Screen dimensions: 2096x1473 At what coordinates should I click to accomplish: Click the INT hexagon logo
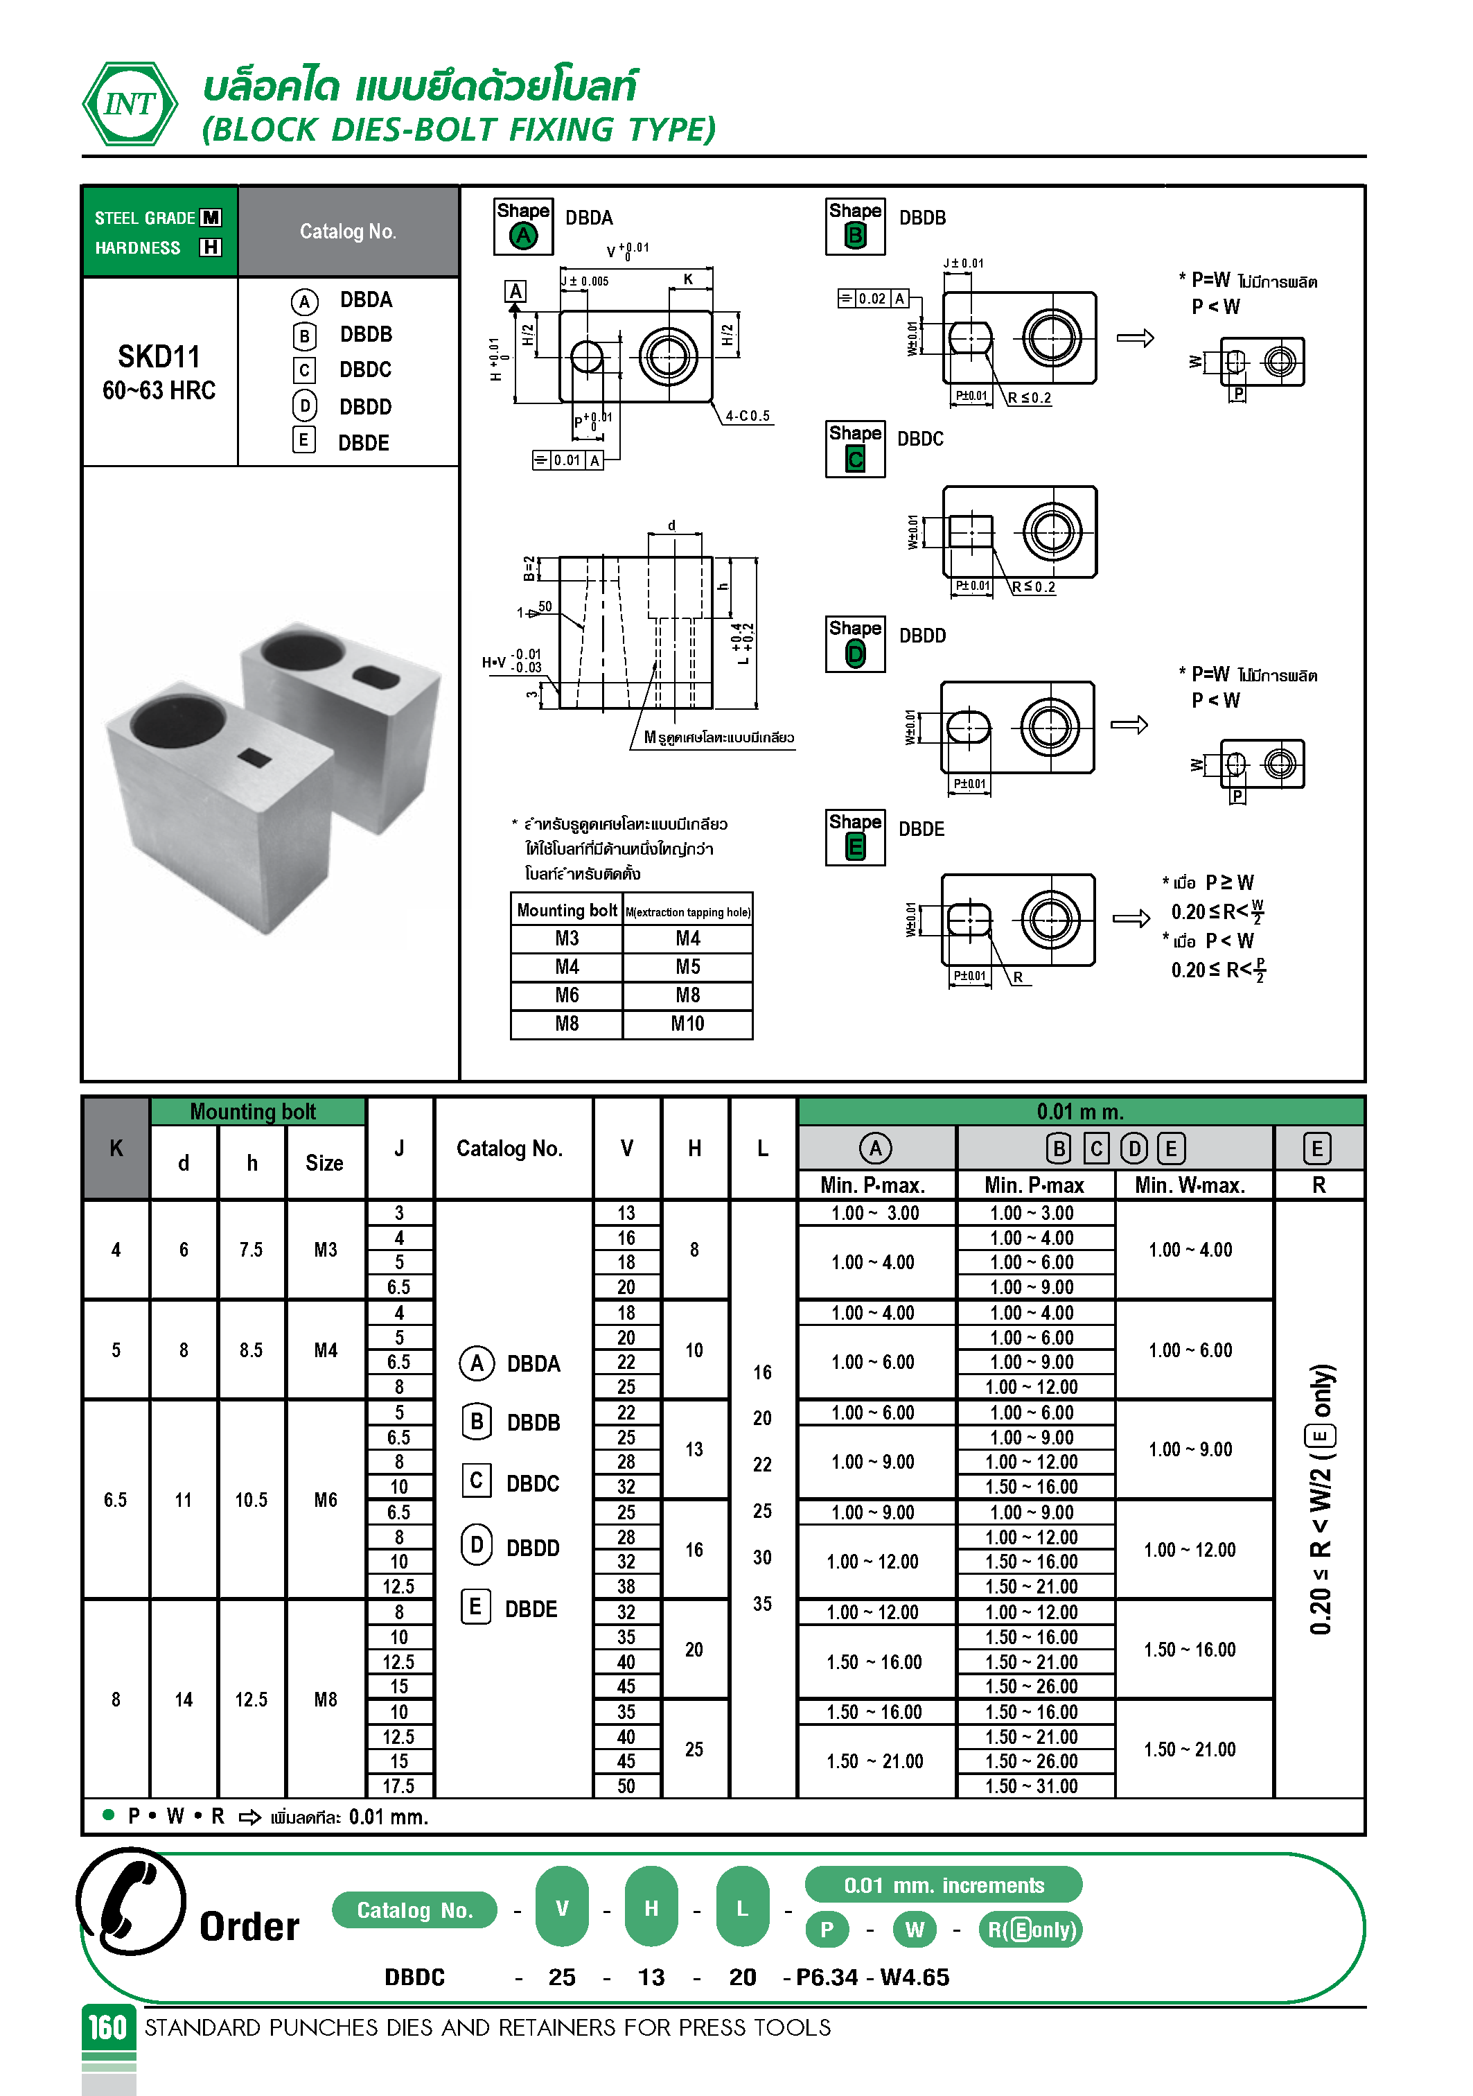(x=130, y=104)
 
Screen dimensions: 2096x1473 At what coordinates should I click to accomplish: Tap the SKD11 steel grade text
(x=159, y=356)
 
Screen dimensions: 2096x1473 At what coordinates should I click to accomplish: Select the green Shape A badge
(x=523, y=236)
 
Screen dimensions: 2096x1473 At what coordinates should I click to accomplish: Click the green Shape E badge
(x=855, y=847)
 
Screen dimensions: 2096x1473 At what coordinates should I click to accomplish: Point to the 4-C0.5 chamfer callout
(x=748, y=417)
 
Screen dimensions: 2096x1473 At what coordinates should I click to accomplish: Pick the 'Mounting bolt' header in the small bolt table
(x=567, y=910)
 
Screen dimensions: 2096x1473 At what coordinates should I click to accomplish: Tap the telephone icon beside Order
(x=132, y=1901)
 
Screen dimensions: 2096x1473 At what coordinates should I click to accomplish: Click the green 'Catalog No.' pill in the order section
(x=414, y=1910)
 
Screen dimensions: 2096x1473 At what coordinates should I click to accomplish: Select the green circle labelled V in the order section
(x=562, y=1908)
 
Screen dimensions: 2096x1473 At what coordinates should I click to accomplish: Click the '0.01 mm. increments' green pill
(x=943, y=1885)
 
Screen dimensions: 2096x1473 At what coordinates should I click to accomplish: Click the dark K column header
(x=116, y=1149)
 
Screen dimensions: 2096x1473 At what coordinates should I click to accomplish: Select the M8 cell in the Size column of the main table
(x=326, y=1700)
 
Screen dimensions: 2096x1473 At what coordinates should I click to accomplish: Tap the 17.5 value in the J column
(x=399, y=1785)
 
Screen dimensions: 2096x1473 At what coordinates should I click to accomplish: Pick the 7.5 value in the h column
(x=251, y=1250)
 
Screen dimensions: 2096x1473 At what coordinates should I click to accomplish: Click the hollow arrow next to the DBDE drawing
(x=1131, y=918)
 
